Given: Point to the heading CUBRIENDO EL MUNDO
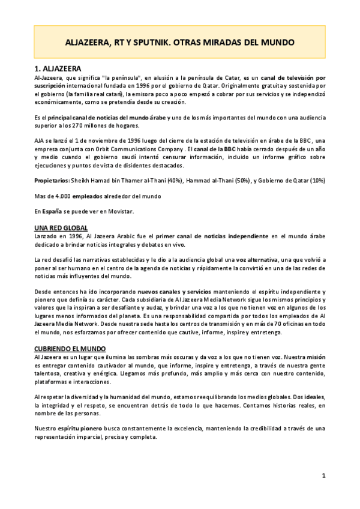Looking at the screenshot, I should pyautogui.click(x=69, y=349).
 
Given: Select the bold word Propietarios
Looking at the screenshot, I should pyautogui.click(x=52, y=180).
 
